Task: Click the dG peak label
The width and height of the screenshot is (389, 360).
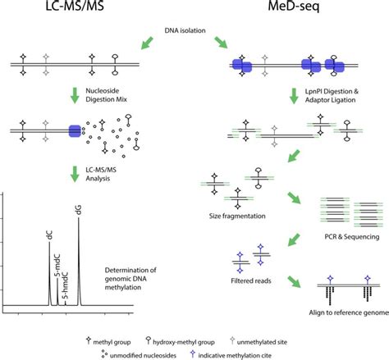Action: point(78,212)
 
